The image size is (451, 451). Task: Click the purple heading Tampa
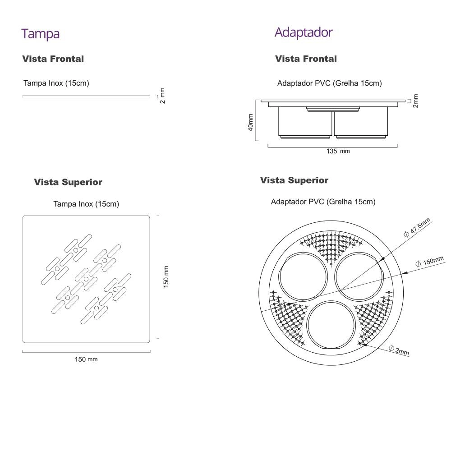[41, 34]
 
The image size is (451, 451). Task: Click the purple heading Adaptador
[304, 32]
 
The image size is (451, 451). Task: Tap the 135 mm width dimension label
[338, 152]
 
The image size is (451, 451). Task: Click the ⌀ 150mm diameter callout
[429, 262]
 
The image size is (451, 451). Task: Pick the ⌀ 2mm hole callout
[399, 350]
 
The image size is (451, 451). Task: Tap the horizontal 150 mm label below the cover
[86, 359]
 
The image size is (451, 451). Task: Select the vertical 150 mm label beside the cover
[166, 276]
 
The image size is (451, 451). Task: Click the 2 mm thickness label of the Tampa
[162, 96]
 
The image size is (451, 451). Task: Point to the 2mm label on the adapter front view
[415, 101]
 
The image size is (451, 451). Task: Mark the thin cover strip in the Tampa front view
[86, 97]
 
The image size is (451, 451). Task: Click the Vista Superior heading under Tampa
[68, 182]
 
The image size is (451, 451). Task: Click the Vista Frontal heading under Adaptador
[306, 59]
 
